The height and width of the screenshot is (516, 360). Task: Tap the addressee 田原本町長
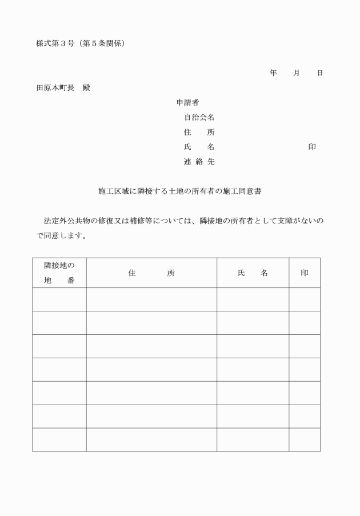[x=55, y=88]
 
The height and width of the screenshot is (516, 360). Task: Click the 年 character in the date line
[x=273, y=73]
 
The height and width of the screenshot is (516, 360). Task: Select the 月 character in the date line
[x=297, y=73]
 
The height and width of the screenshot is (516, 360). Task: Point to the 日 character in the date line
[x=320, y=73]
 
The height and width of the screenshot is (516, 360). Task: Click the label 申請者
[x=187, y=103]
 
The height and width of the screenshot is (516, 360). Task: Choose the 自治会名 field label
[x=199, y=118]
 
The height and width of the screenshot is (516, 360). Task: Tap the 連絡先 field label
[x=199, y=162]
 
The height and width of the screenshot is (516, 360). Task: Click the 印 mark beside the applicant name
[x=312, y=147]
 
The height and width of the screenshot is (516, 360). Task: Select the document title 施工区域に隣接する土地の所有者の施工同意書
[x=180, y=192]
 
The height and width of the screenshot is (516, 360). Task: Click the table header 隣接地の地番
[x=59, y=273]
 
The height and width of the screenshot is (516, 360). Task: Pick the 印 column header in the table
[x=305, y=273]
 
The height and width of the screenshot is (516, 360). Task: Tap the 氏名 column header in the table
[x=253, y=273]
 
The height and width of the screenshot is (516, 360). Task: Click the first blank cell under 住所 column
[x=151, y=299]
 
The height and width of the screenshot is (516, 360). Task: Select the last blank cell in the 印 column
[x=305, y=439]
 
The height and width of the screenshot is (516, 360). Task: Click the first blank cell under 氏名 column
[x=253, y=299]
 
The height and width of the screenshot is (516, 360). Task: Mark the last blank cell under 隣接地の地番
[x=59, y=439]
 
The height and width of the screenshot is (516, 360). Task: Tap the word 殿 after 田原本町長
[x=86, y=88]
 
